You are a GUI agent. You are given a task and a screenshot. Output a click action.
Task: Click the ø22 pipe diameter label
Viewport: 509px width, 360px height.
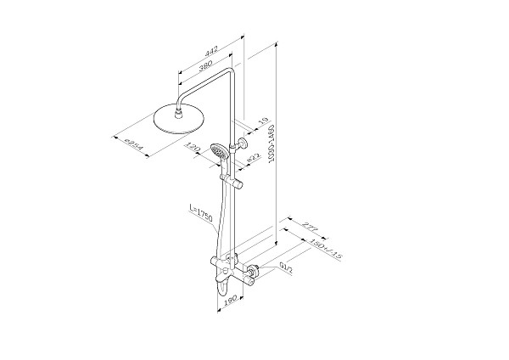253,157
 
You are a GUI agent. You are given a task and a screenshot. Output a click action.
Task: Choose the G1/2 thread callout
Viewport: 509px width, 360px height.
287,267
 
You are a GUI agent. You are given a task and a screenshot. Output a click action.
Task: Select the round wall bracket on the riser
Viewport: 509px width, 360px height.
243,142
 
